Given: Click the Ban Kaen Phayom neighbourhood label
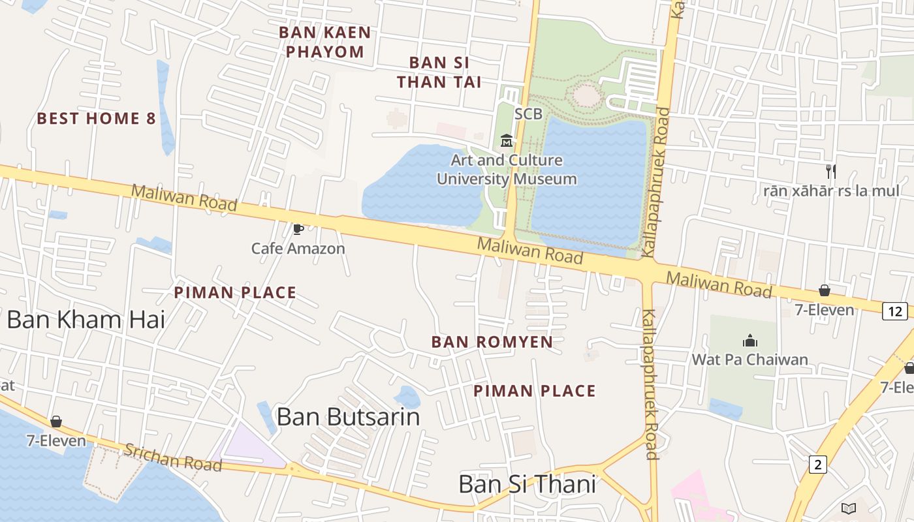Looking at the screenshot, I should (x=325, y=42).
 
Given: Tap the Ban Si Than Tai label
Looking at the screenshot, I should (x=439, y=72).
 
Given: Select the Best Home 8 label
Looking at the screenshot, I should (x=97, y=118).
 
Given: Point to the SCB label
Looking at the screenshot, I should (x=528, y=114).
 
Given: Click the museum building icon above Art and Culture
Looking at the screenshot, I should (x=506, y=140).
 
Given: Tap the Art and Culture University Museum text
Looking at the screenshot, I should (x=507, y=170).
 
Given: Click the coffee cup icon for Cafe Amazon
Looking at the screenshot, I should (x=298, y=228).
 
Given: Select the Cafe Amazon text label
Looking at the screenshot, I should (x=298, y=249).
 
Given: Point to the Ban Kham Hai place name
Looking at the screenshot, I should (x=86, y=320).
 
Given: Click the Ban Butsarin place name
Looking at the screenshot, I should (x=348, y=416).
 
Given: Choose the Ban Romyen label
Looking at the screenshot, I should (x=492, y=342).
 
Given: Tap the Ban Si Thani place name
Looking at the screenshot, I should (x=527, y=484).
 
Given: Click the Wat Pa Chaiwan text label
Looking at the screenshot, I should (x=750, y=360).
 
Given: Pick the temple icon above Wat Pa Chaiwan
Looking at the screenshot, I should (x=749, y=341).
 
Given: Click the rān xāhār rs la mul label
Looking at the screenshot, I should (x=832, y=191).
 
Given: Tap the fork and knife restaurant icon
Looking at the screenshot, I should (x=831, y=172).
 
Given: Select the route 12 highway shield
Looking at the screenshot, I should (x=894, y=311).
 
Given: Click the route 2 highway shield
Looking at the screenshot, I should (x=817, y=465).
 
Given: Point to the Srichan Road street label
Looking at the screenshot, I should (x=173, y=457).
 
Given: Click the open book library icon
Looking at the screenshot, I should (x=848, y=508).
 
